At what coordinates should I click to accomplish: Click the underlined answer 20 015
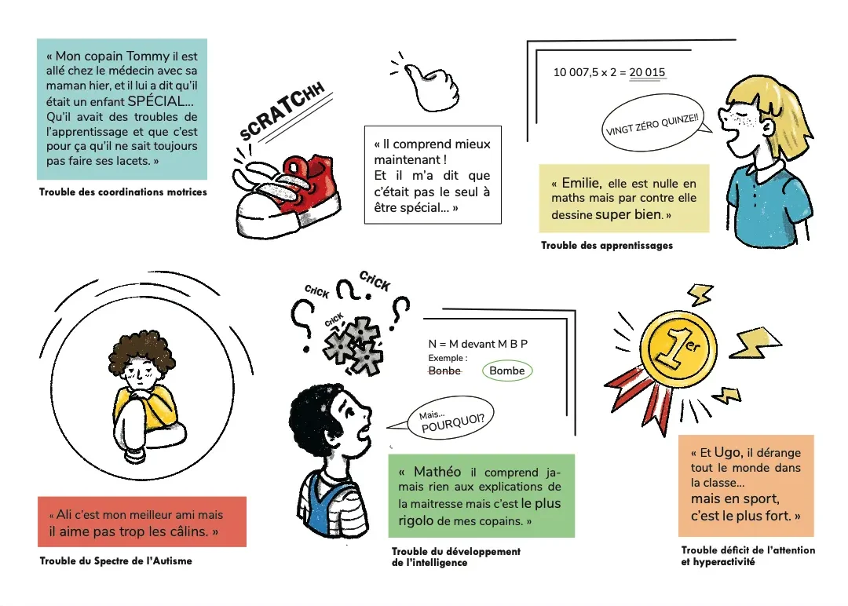click(x=647, y=72)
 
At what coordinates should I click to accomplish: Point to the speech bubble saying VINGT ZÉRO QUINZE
click(x=652, y=123)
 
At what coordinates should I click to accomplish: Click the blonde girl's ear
click(x=767, y=128)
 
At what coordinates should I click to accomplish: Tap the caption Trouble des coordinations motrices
click(x=122, y=192)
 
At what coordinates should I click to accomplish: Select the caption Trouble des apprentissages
click(x=607, y=246)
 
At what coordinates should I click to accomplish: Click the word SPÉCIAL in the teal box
click(x=157, y=101)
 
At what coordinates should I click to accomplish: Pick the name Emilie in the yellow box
click(x=581, y=183)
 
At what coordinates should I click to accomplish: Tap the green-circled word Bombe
click(x=506, y=371)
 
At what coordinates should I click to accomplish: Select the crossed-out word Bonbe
click(x=444, y=371)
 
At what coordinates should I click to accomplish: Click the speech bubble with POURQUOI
click(x=451, y=418)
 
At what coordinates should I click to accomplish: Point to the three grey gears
click(x=353, y=347)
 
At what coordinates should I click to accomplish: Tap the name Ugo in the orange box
click(x=727, y=452)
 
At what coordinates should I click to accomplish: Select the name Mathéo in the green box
click(x=437, y=472)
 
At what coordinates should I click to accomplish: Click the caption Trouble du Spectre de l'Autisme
click(x=115, y=561)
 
